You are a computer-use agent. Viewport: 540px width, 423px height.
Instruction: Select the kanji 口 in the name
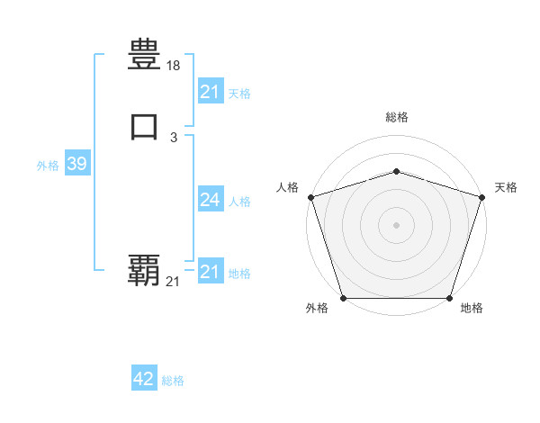144,126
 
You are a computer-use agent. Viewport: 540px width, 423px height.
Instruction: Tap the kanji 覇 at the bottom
144,269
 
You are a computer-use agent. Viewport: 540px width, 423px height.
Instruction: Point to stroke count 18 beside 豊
174,66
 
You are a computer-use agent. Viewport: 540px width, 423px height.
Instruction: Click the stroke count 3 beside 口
174,137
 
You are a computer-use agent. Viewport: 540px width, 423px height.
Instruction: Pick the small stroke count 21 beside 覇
173,282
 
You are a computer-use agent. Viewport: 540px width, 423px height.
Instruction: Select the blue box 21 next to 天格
210,92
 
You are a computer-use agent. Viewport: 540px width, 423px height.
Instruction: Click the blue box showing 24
210,200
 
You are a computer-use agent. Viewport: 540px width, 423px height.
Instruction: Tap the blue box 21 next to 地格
210,272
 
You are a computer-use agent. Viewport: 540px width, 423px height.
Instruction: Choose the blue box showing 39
76,164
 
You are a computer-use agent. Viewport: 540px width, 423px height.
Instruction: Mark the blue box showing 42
144,379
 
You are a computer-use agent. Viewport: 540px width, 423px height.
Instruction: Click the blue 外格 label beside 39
48,166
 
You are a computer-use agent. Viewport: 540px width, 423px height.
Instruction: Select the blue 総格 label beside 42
173,381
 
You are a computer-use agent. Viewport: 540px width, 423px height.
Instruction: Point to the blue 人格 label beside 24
240,202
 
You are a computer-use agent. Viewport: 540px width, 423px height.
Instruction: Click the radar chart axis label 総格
396,117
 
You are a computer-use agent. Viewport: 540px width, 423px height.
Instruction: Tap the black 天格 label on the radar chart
506,187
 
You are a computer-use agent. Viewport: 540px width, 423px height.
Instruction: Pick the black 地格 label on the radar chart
472,308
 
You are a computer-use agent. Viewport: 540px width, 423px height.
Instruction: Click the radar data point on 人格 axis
310,197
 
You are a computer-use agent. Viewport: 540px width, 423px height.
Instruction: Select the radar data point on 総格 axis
396,171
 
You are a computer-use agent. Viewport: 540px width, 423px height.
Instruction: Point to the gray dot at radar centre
396,225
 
